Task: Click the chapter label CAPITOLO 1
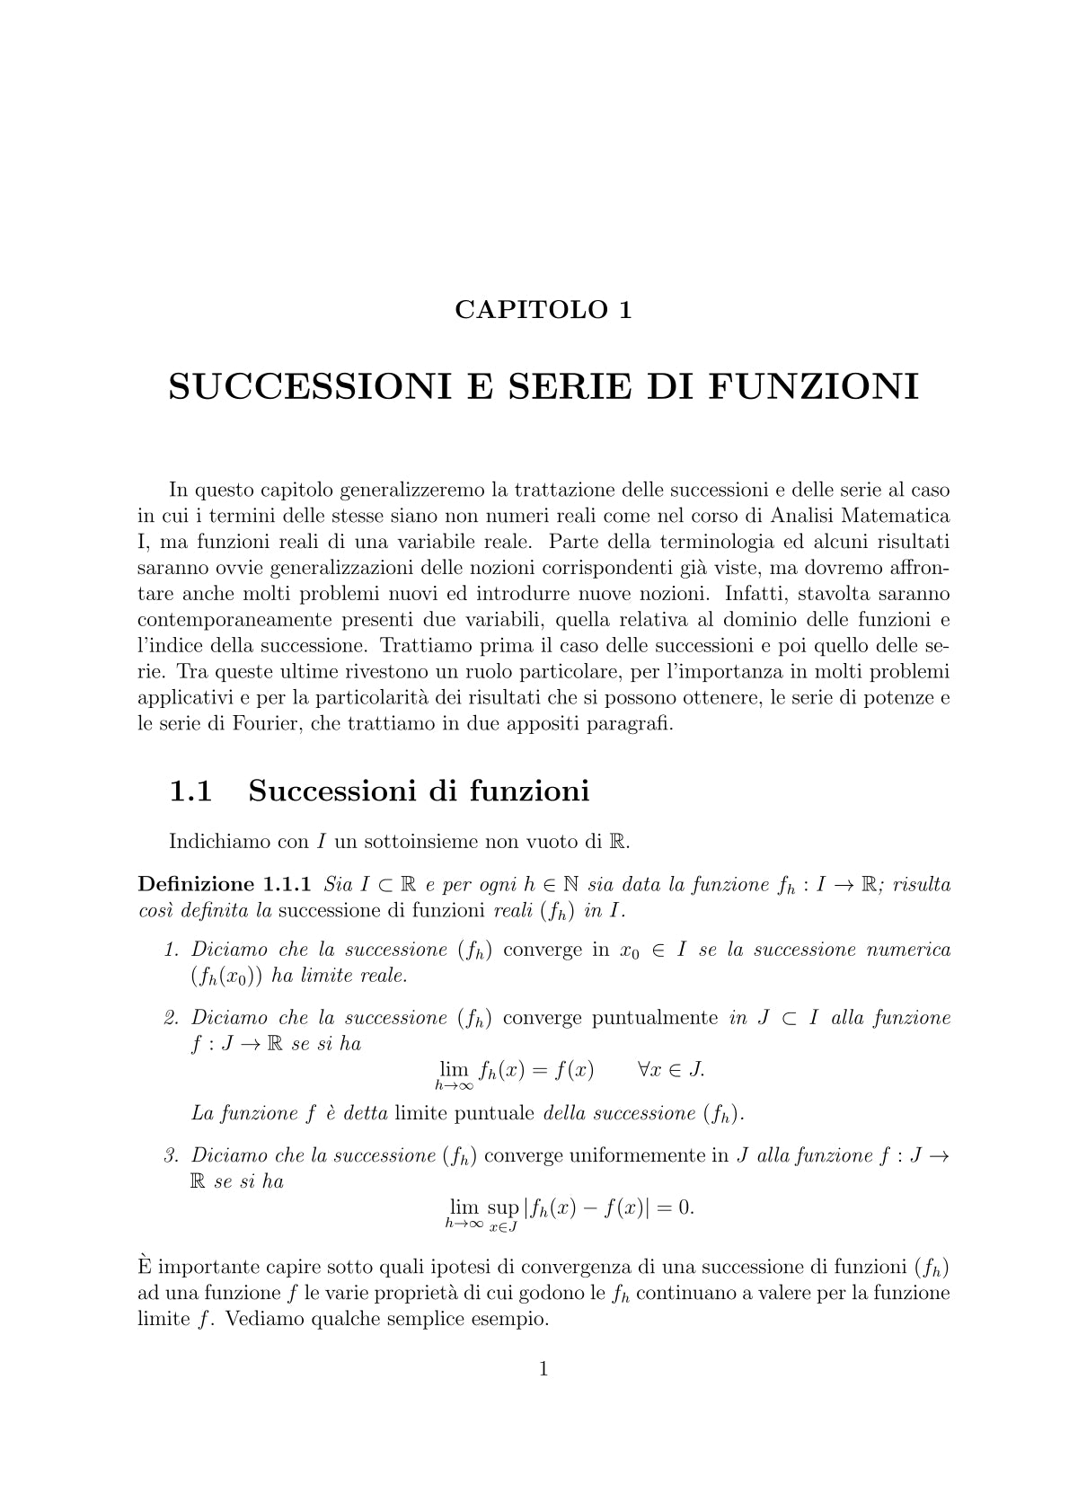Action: [543, 310]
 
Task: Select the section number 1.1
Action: [190, 791]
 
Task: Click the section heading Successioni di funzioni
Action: [419, 791]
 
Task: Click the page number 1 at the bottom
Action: [543, 1369]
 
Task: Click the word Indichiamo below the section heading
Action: [213, 842]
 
